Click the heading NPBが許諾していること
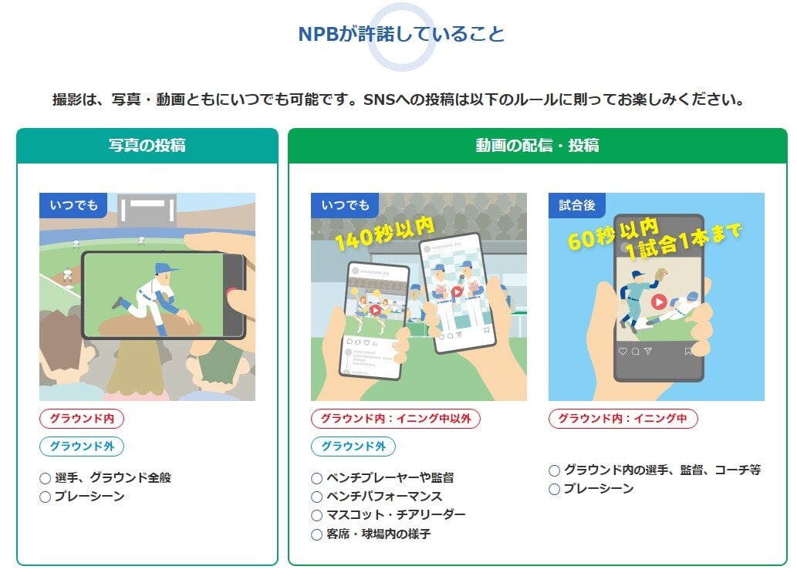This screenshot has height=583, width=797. (401, 34)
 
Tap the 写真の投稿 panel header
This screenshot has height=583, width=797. (147, 146)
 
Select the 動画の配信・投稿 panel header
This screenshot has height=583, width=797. (537, 146)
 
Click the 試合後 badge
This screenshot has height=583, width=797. (577, 205)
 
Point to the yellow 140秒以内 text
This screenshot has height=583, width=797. (385, 233)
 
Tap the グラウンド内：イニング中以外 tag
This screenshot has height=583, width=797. (396, 419)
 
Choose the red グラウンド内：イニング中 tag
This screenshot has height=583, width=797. (623, 419)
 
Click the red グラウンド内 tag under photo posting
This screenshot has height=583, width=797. (81, 419)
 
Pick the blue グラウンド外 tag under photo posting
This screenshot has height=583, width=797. (81, 447)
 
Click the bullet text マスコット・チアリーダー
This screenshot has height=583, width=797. (396, 515)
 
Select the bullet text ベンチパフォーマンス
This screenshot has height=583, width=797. (384, 496)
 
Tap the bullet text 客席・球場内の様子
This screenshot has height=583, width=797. (379, 534)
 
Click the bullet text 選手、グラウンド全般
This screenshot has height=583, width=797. (113, 477)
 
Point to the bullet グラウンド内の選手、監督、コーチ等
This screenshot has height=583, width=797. (662, 470)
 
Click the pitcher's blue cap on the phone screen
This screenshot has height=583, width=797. (166, 268)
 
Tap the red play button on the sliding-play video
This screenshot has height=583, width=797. (659, 302)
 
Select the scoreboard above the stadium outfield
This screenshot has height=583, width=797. (147, 209)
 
